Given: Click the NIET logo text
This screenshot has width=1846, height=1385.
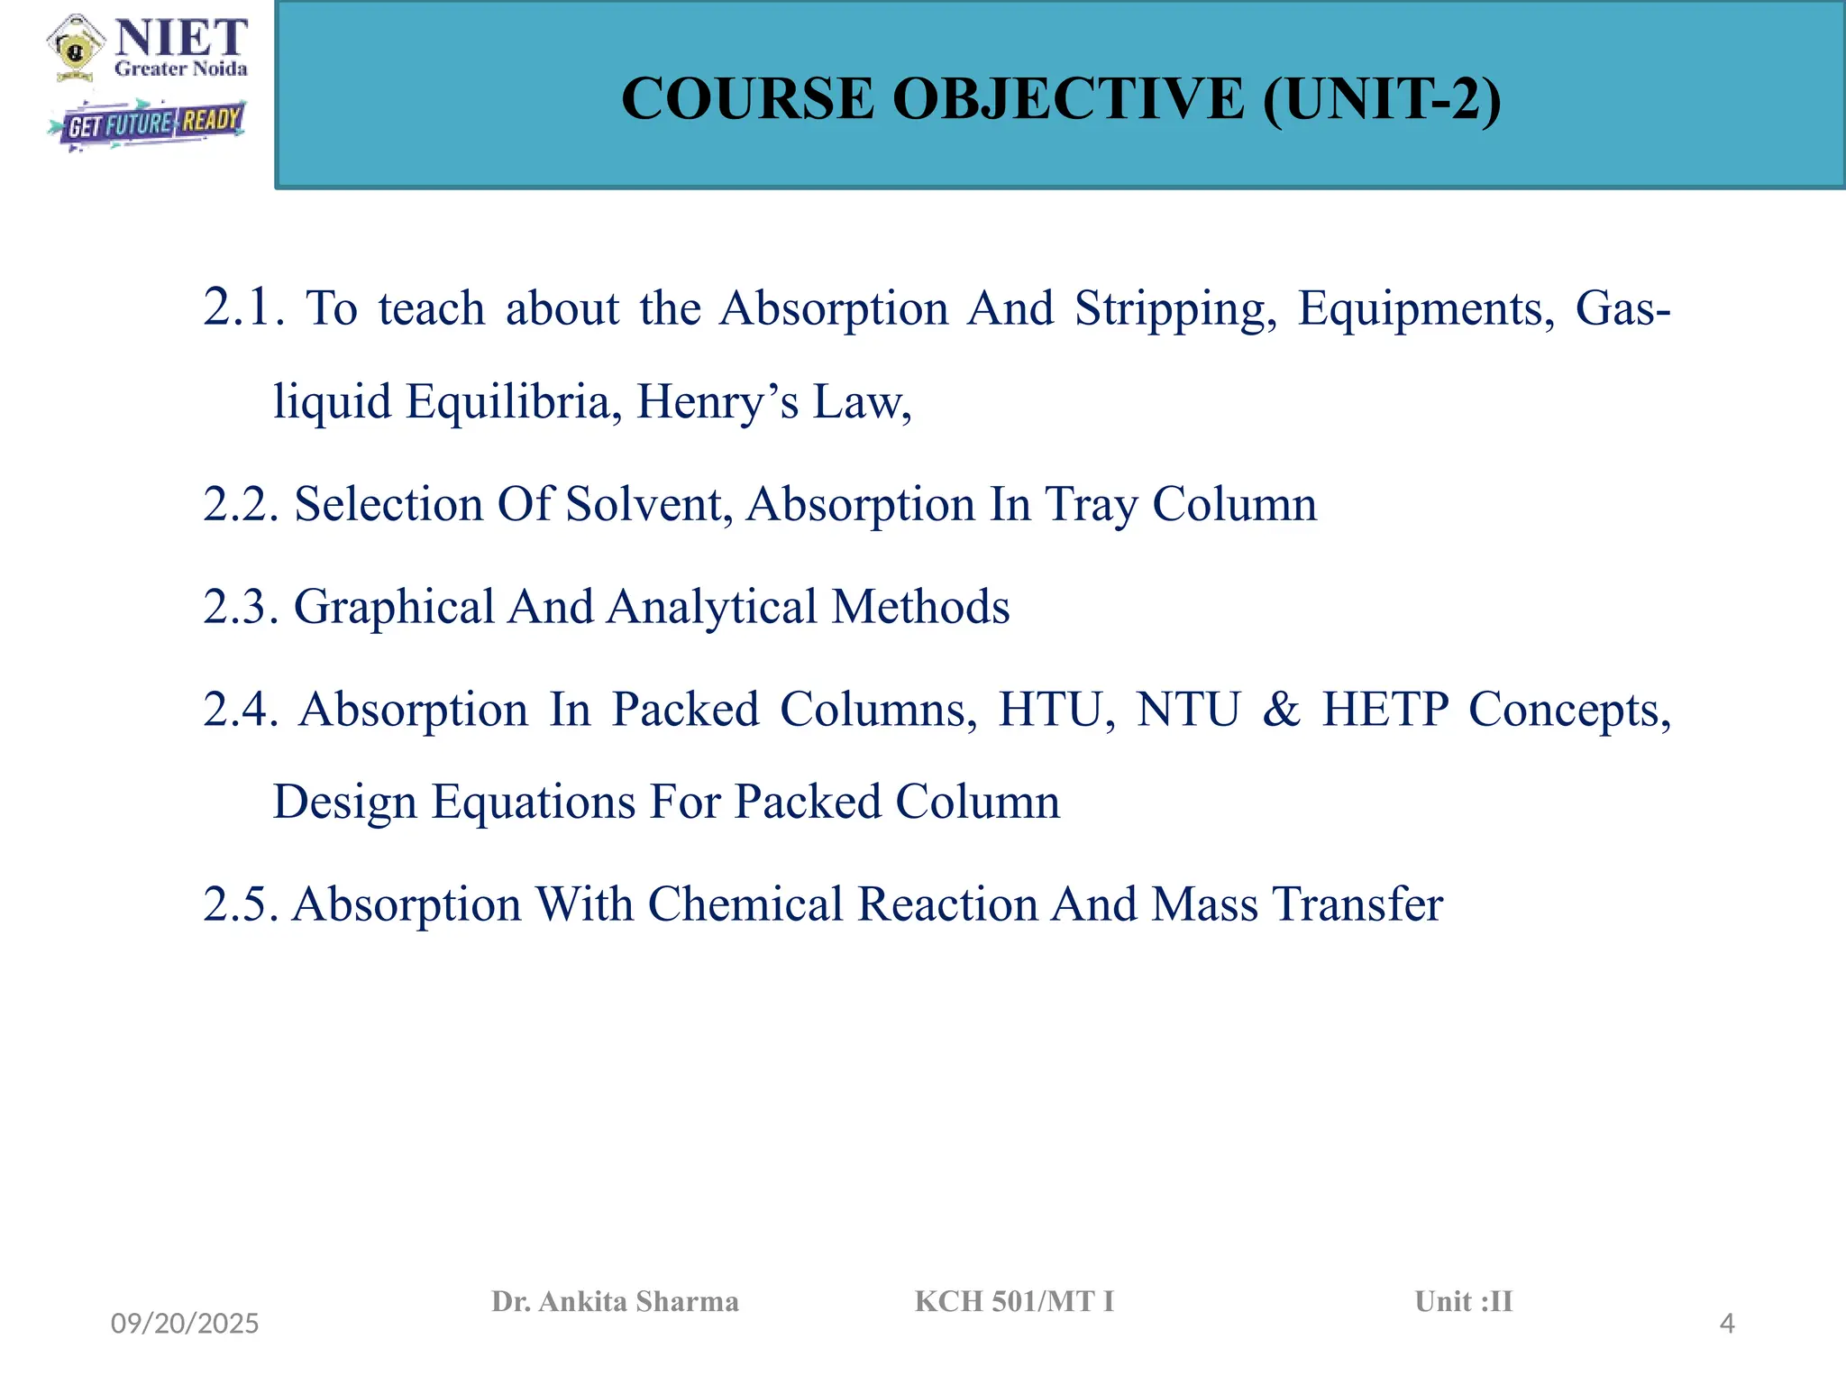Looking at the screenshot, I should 181,39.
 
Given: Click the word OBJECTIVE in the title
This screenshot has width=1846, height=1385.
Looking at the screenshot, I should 1069,98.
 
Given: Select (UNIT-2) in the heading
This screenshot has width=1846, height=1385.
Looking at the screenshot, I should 1382,98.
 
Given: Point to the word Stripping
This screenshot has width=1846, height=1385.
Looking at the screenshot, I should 1175,309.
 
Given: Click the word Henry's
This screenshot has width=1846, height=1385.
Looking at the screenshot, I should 717,402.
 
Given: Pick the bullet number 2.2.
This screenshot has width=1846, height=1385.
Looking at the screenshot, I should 241,504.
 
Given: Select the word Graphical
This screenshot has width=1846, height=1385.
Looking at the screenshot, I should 394,607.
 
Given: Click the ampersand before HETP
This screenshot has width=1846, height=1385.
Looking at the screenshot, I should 1282,710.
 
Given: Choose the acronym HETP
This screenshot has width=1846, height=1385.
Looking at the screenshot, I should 1385,710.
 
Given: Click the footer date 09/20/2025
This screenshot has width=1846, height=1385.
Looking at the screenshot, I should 185,1324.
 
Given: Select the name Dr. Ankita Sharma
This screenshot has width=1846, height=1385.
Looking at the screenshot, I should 615,1301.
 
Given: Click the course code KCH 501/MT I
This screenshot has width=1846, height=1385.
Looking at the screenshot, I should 1014,1301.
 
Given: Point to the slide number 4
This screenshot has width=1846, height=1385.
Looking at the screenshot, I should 1727,1324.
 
